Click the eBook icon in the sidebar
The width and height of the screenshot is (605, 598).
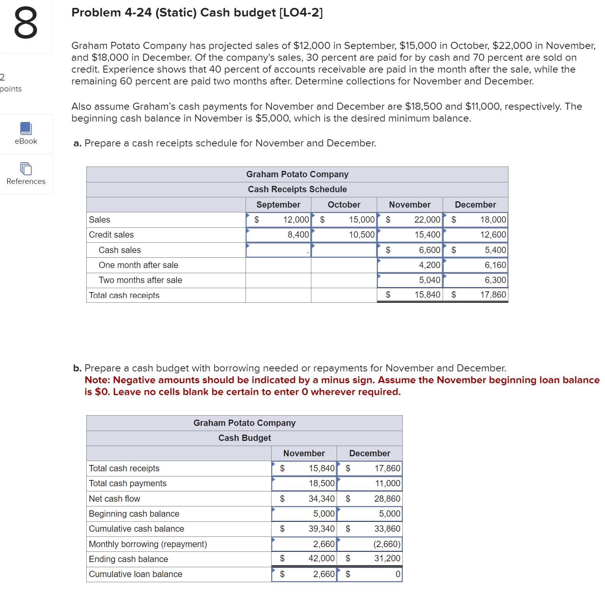coord(26,129)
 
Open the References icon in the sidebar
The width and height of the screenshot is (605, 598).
coord(26,169)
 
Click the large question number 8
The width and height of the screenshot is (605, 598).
coord(26,24)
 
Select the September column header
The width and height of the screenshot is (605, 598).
coord(278,204)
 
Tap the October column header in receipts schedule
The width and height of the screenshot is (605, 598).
coord(344,204)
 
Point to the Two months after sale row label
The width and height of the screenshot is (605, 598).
coord(140,280)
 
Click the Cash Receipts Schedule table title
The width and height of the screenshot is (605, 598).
coord(297,189)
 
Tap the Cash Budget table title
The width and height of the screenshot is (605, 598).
coord(244,438)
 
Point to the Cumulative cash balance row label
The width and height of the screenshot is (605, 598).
coord(136,529)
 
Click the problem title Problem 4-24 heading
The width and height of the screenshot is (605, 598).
coord(197,13)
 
